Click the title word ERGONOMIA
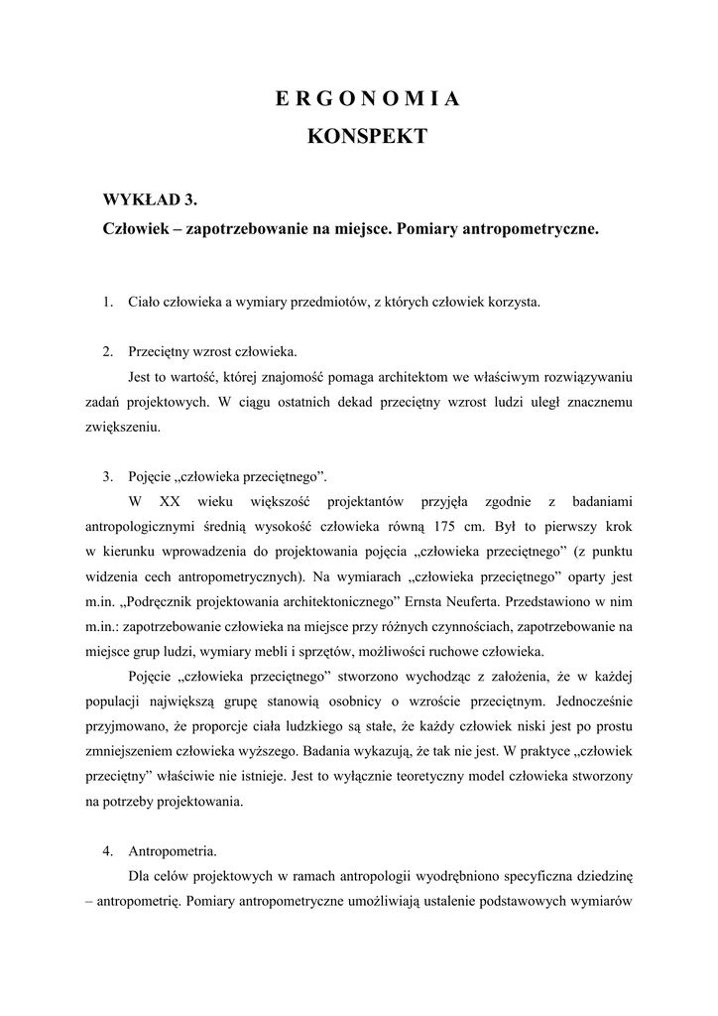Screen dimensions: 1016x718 coord(367,99)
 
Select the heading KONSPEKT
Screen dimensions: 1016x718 coord(367,137)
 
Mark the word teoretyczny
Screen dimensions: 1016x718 coord(471,776)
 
